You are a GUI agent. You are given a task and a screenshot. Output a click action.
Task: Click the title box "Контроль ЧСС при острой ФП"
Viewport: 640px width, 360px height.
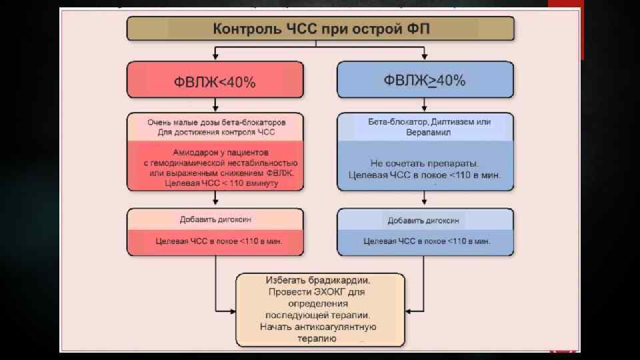coord(321,29)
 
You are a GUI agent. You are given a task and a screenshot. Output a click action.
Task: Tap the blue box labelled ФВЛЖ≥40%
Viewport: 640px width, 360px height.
coord(425,81)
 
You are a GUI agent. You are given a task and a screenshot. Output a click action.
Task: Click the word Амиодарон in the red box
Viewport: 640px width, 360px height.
coord(193,152)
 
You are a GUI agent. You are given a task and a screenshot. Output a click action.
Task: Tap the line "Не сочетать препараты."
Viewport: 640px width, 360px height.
coord(425,163)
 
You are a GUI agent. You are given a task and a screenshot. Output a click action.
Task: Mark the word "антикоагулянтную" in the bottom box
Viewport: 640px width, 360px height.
coord(344,327)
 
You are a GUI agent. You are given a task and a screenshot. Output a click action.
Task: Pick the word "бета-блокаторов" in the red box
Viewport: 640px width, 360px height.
coord(255,123)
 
